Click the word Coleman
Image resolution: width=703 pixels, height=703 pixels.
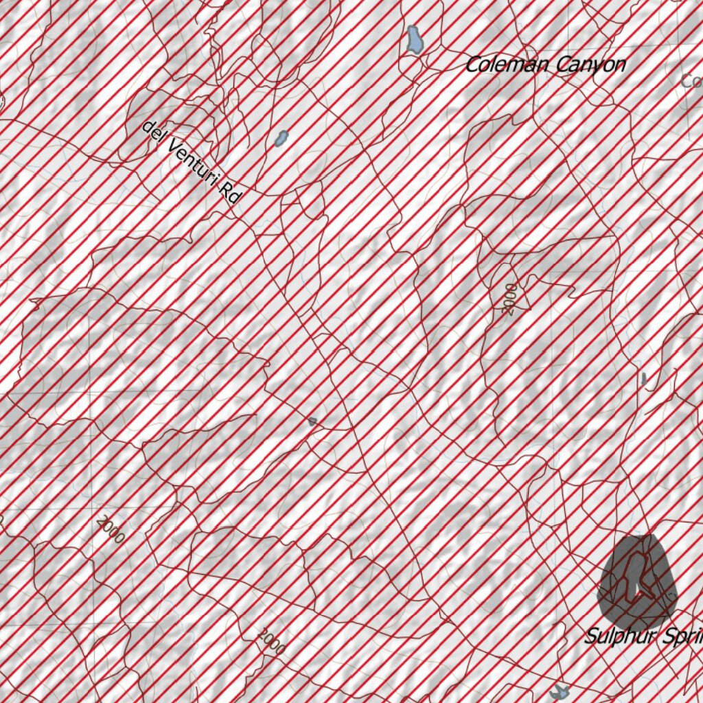point(507,65)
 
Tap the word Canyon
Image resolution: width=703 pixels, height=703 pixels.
point(591,65)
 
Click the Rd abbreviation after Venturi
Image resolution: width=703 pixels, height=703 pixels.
point(231,193)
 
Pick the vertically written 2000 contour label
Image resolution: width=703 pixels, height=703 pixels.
point(510,299)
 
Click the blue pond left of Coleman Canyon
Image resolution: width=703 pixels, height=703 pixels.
point(413,40)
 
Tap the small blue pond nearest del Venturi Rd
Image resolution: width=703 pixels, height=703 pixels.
point(281,138)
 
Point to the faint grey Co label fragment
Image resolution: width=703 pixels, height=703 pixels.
point(691,81)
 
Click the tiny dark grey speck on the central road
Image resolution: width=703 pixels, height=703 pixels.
point(312,421)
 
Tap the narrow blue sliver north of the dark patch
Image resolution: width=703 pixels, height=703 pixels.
point(644,378)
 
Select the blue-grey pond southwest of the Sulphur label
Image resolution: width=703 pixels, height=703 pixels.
point(562,691)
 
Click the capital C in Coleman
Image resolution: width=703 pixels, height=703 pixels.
point(473,66)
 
